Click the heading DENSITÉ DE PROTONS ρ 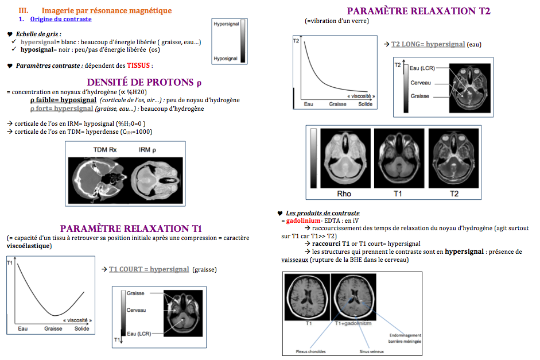coord(143,82)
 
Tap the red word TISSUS coord(139,65)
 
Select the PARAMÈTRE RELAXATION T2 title coord(418,11)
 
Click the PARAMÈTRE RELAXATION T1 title coord(131,229)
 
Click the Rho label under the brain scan coord(344,194)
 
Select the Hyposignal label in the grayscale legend coord(226,58)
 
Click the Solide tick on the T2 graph coord(365,104)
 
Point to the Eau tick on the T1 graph coord(22,328)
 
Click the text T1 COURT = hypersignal coord(149,269)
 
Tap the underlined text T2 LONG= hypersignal coord(428,44)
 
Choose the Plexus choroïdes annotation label coord(310,351)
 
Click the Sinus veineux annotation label coord(356,351)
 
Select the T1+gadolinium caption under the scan coord(349,323)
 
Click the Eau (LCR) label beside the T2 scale coord(422,68)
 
